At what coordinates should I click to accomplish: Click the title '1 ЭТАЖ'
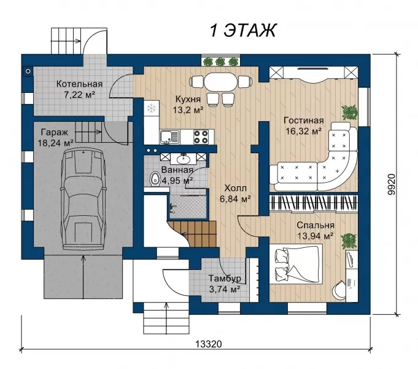pos(243,30)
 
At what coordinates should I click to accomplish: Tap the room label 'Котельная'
pos(79,84)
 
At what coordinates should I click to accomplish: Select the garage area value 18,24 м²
pos(55,143)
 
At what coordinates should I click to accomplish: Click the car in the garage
pos(83,199)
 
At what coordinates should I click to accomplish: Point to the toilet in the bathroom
pos(155,179)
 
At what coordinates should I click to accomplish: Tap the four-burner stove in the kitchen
pos(201,137)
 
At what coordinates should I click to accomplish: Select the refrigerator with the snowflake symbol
pos(152,108)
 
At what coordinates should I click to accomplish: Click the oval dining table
pos(220,82)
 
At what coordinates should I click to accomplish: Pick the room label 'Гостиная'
pos(304,121)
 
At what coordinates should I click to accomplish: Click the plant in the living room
pos(349,112)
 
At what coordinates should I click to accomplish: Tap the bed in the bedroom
pos(296,264)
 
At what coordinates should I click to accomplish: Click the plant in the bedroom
pos(349,240)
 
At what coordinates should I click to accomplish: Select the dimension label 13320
pos(209,344)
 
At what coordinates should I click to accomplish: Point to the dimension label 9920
pos(391,185)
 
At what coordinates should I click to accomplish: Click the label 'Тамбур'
pos(225,279)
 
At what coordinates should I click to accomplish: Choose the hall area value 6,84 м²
pos(235,199)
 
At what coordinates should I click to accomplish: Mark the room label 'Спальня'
pos(315,225)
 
